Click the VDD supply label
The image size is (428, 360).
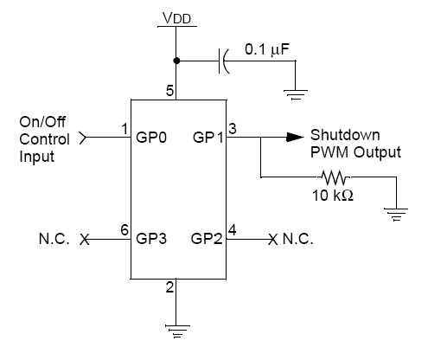click(x=176, y=18)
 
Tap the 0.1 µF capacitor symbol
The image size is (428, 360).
click(x=224, y=61)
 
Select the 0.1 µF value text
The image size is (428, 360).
click(x=267, y=49)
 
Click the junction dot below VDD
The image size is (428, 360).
click(x=176, y=61)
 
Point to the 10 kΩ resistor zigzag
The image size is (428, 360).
click(x=335, y=177)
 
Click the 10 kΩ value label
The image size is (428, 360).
click(x=333, y=196)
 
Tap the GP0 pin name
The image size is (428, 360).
click(x=151, y=138)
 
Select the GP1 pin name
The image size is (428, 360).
click(x=208, y=138)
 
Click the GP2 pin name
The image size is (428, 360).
click(x=207, y=239)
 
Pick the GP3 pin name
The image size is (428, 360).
click(x=151, y=239)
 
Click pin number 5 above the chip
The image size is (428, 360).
click(x=169, y=91)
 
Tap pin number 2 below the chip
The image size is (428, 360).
click(x=169, y=287)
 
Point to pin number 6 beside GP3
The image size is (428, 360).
click(x=125, y=230)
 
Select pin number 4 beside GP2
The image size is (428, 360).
click(x=233, y=230)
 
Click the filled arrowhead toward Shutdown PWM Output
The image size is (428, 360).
click(x=295, y=137)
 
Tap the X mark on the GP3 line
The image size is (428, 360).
click(x=85, y=240)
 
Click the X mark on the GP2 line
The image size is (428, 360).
click(x=273, y=240)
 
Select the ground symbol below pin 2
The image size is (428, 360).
click(x=177, y=331)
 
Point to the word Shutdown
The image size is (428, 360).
click(x=345, y=135)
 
